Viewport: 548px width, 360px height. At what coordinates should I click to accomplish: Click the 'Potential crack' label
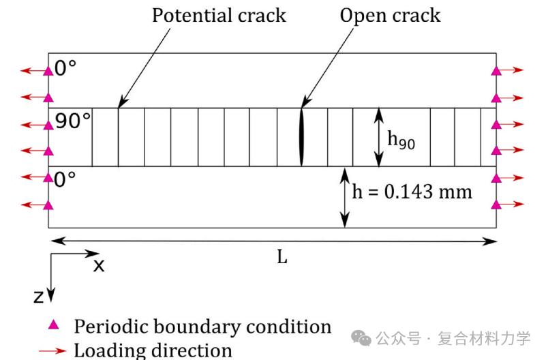click(x=219, y=15)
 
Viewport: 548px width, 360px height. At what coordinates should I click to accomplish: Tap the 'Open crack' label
click(x=391, y=15)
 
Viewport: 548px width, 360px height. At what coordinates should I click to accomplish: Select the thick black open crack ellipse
click(x=301, y=136)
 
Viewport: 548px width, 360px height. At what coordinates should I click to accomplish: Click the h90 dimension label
click(x=401, y=139)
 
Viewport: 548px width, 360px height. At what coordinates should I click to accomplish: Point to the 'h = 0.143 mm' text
click(x=412, y=191)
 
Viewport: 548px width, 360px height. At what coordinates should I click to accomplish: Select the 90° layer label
click(x=73, y=121)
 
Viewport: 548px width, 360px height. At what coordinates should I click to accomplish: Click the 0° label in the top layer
click(x=66, y=69)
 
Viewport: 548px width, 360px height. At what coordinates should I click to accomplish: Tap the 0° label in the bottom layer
click(x=66, y=180)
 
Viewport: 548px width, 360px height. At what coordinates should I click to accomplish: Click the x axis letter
click(x=99, y=265)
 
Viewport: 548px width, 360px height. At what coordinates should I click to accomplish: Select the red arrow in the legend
click(x=52, y=351)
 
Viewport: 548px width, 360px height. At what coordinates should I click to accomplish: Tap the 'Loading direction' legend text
click(x=153, y=350)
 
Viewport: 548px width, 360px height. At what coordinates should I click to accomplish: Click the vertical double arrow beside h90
click(x=379, y=137)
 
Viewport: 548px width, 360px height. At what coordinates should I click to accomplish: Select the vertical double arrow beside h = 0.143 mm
click(x=346, y=197)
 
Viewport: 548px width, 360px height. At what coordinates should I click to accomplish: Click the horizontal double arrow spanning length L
click(x=273, y=240)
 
